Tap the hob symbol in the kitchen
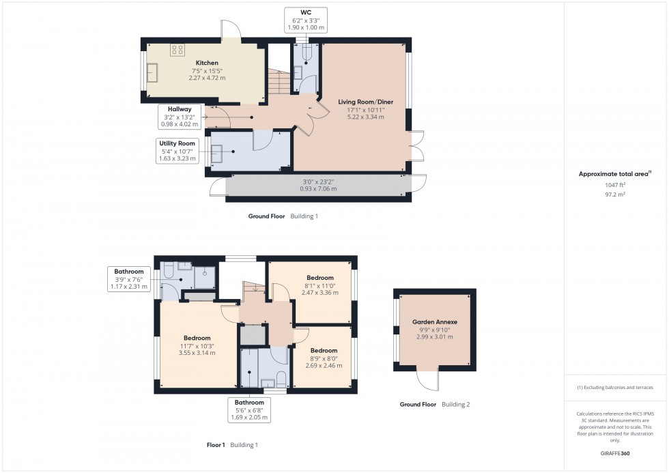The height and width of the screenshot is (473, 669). pos(178,48)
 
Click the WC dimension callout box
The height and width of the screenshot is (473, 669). pos(305,20)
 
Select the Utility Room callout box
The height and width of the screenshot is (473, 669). pos(177,151)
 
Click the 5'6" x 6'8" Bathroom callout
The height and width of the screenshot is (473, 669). pos(248,410)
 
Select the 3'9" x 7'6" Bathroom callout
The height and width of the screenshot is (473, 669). pos(129,279)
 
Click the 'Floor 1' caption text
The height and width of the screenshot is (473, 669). pos(216,445)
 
